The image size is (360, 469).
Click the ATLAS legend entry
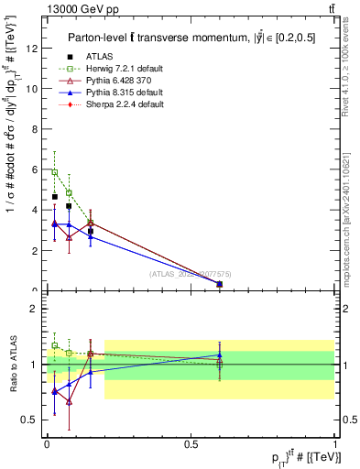tap(99, 58)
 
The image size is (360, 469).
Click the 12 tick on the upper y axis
tap(34, 49)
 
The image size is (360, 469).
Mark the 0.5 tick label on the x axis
tap(191, 443)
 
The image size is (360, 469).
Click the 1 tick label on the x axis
tap(335, 443)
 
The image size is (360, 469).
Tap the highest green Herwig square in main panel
tap(55, 172)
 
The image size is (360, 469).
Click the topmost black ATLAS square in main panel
tap(55, 197)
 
